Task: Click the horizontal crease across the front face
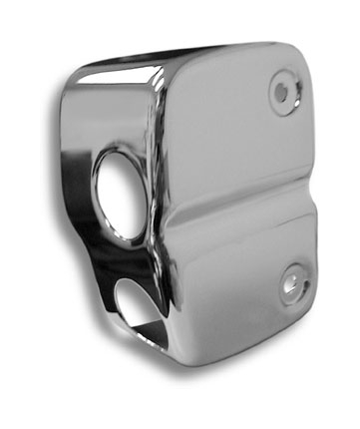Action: (x=239, y=200)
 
